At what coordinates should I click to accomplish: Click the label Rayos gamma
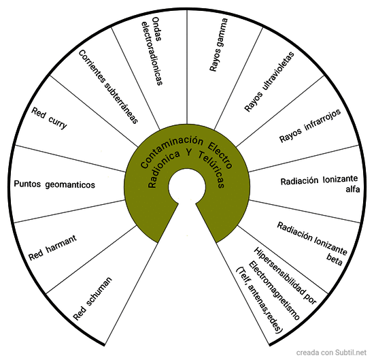(x=218, y=45)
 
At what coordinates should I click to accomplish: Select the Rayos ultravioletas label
(x=269, y=82)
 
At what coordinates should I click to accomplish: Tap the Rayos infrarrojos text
(x=310, y=126)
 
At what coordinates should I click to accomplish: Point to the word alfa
(x=352, y=189)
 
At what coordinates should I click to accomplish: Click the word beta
(x=334, y=259)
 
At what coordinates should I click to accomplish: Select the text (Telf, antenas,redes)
(x=259, y=300)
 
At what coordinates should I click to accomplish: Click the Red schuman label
(x=92, y=299)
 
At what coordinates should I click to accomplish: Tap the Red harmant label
(x=53, y=248)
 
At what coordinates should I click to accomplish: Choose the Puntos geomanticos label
(x=54, y=184)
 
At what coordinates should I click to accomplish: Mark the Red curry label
(x=49, y=118)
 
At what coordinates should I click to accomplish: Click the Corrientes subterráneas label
(x=108, y=86)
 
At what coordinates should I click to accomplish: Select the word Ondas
(x=156, y=29)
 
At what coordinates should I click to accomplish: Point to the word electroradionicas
(x=152, y=54)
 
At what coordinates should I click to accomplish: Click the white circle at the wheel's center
(x=187, y=187)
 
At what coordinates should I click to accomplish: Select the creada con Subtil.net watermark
(x=331, y=353)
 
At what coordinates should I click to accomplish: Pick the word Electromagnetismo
(x=274, y=291)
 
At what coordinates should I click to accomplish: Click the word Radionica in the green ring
(x=164, y=169)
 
